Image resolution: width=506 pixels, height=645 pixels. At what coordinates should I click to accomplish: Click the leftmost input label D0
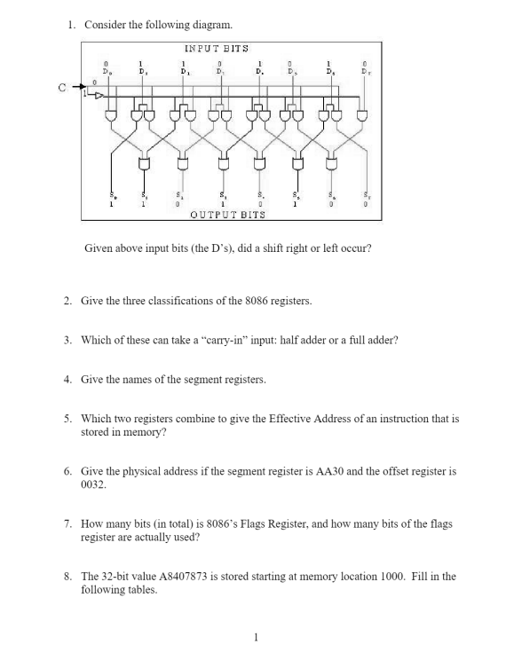106,71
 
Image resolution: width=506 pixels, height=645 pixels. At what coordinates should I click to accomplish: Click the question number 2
68,301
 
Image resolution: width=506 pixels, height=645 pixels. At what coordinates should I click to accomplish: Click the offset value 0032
93,485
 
